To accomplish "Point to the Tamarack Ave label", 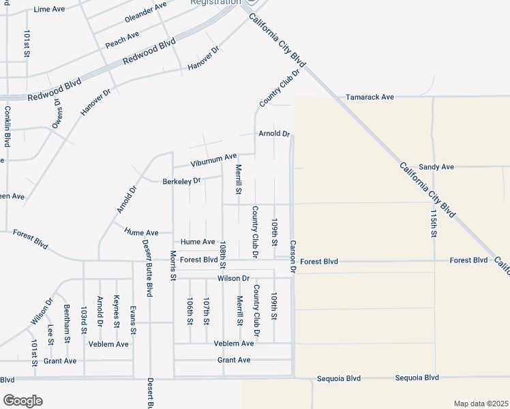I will coord(370,97).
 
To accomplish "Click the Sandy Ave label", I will coord(436,167).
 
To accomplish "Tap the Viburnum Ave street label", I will coord(213,160).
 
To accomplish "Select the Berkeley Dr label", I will coord(181,181).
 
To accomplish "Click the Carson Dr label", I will coord(293,257).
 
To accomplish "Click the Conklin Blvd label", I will coord(7,126).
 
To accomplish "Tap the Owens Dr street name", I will coord(57,115).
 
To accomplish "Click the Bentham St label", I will coord(67,324).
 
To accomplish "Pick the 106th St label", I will coord(190,311).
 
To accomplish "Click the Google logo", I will coord(22,401).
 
